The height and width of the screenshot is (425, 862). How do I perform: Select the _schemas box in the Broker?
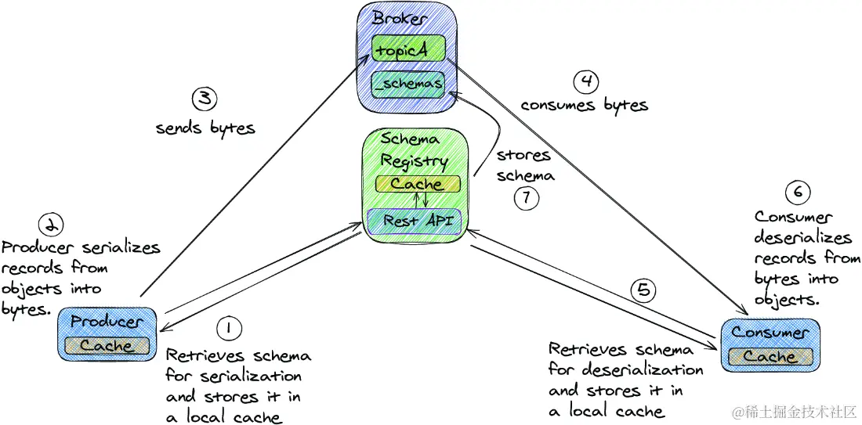[x=408, y=84]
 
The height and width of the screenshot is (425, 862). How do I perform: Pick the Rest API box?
[x=416, y=221]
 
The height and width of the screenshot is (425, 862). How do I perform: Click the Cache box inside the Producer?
[x=107, y=345]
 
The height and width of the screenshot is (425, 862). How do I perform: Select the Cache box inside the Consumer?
[x=769, y=356]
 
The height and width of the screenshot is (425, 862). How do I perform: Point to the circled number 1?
[x=228, y=329]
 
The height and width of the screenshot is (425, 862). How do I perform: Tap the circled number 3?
[x=204, y=99]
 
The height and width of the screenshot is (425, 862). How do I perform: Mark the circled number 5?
[x=643, y=291]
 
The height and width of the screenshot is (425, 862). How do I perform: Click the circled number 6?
[x=798, y=193]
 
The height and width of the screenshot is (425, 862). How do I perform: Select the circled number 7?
[x=527, y=199]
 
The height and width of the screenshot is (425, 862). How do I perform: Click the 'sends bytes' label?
[x=205, y=128]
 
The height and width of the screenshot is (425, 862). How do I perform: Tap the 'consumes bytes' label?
[x=585, y=104]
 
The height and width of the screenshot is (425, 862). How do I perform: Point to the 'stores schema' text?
[x=525, y=165]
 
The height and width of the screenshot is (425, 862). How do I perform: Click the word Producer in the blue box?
[x=107, y=322]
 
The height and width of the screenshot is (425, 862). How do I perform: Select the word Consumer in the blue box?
[x=769, y=332]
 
